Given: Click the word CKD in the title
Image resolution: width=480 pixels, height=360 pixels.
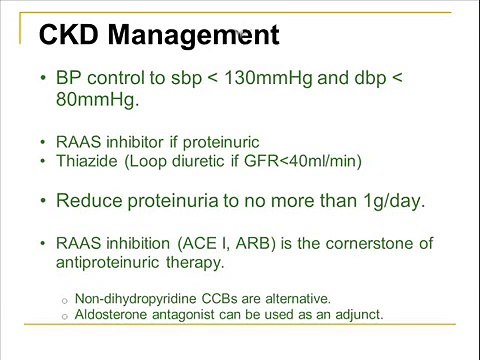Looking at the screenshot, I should pos(68,36).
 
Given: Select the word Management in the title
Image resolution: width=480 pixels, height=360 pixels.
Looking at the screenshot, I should pos(192,36).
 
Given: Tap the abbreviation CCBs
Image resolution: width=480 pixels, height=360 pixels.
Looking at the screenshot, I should pos(224,298).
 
